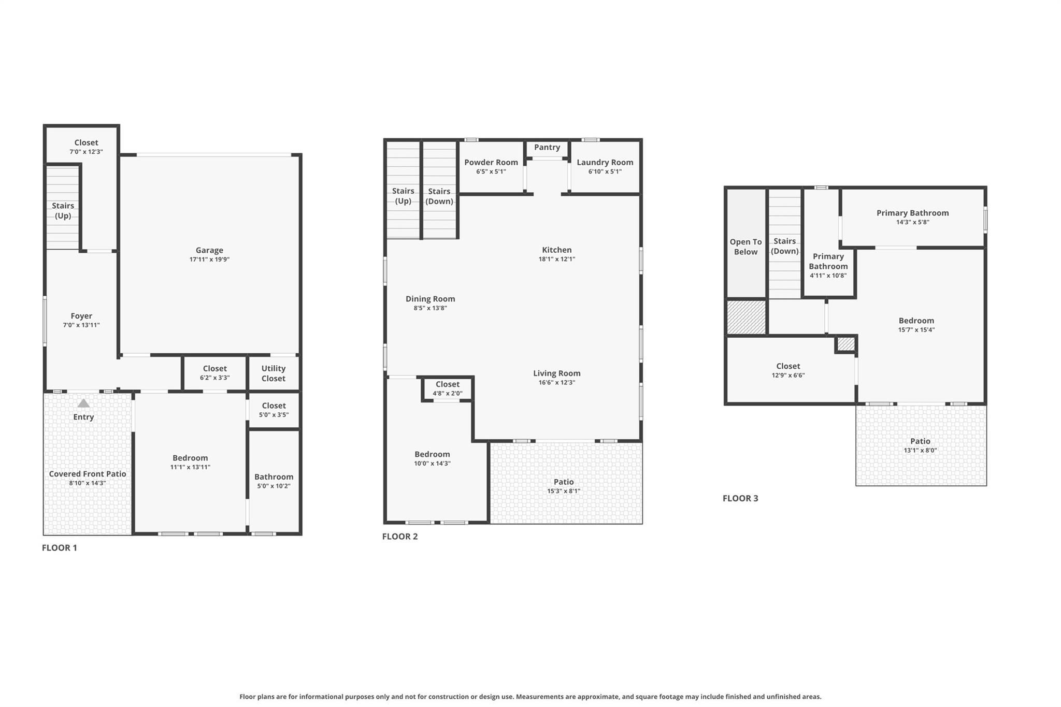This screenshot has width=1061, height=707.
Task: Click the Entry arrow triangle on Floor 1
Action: click(x=83, y=403)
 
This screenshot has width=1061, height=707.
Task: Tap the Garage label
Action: click(x=209, y=250)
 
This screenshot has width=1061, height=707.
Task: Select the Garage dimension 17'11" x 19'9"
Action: click(x=209, y=259)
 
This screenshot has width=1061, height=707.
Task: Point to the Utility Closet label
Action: click(x=273, y=373)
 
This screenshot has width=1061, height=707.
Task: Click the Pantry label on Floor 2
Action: click(x=547, y=147)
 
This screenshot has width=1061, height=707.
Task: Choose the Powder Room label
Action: click(x=491, y=162)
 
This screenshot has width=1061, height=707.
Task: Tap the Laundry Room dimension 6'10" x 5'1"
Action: click(x=605, y=171)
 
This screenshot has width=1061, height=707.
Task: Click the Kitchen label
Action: click(x=556, y=250)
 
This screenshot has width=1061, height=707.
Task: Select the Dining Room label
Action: click(x=430, y=299)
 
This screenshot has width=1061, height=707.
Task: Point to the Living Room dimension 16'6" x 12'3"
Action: click(x=556, y=383)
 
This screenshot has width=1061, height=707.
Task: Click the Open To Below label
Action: click(x=745, y=247)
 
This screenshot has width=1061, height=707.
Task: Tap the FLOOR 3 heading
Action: click(x=740, y=498)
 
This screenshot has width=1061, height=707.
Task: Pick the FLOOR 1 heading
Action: click(x=59, y=547)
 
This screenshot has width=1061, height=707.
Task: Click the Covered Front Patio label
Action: click(x=88, y=474)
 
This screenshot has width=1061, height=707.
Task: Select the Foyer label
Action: click(x=81, y=316)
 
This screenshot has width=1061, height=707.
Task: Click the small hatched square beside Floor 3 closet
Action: click(x=845, y=344)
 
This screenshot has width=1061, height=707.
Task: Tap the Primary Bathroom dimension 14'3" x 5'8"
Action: click(x=912, y=222)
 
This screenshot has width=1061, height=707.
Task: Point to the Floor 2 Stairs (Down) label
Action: click(x=439, y=196)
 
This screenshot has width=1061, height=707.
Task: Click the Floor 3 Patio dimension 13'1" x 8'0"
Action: click(x=920, y=451)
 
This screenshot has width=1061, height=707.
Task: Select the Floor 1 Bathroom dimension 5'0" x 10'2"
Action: click(x=274, y=486)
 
